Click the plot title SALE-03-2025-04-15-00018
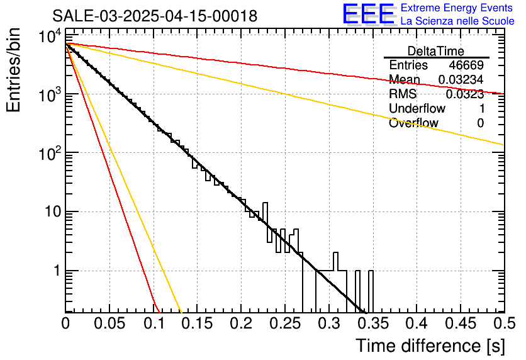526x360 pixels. [155, 16]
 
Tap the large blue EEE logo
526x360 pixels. [369, 14]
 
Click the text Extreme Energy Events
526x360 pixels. [457, 8]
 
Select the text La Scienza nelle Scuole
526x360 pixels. [457, 21]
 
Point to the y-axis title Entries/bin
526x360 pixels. [13, 70]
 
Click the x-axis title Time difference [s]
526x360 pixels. [430, 346]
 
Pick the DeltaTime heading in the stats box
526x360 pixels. [436, 51]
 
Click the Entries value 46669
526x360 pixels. [466, 65]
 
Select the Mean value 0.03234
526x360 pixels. [461, 79]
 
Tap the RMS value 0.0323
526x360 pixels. [465, 94]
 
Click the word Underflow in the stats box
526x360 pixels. [417, 108]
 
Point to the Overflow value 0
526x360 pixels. [480, 123]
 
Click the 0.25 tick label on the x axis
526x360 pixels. [286, 323]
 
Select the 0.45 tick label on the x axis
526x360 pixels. [461, 323]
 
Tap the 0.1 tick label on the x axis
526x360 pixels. [154, 323]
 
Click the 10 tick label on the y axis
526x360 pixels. [53, 211]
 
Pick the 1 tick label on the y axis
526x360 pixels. [57, 271]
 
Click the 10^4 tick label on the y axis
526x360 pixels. [50, 37]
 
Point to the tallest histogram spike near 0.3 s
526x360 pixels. [335, 261]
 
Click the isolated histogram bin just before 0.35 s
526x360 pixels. [371, 291]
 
